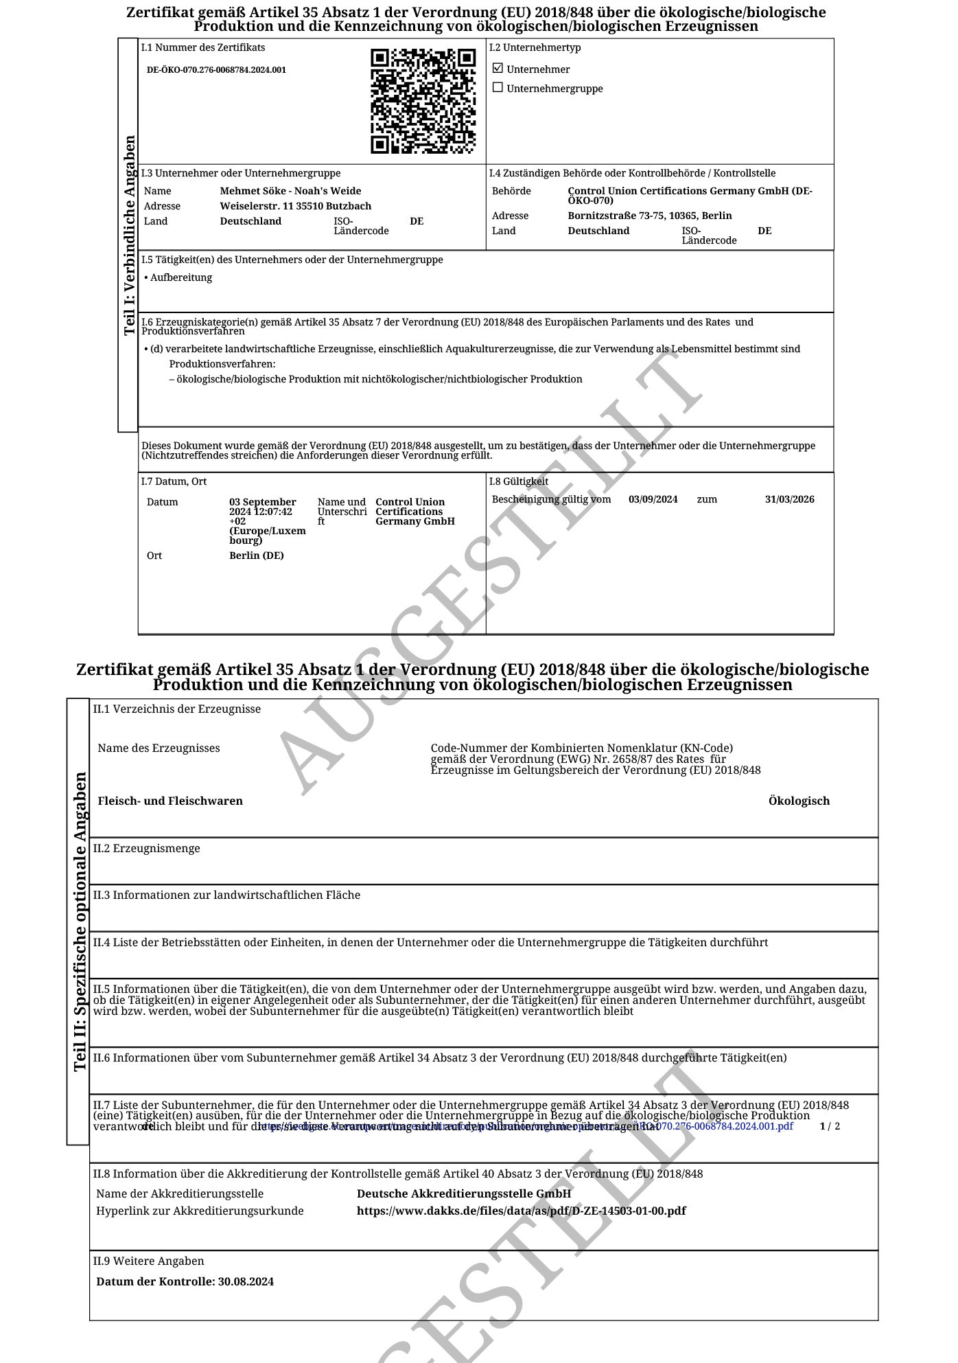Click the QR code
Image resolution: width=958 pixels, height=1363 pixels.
pos(423,101)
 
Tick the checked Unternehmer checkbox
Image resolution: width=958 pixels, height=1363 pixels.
pos(498,68)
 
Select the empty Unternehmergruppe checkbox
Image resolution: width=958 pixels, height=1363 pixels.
pos(498,88)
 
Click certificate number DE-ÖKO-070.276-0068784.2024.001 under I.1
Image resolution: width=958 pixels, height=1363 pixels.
pos(216,70)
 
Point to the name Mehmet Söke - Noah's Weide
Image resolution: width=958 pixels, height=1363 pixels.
pos(290,191)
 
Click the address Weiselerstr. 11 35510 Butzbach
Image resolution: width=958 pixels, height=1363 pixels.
pos(295,206)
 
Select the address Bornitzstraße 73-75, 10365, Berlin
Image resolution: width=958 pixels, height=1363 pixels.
pos(649,216)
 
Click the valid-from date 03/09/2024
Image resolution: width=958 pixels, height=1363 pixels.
pos(653,499)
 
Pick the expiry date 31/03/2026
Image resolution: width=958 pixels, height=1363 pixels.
pos(789,499)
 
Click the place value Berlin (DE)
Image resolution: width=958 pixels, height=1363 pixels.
pos(256,555)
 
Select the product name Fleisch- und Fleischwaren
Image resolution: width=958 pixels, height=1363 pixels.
pos(170,801)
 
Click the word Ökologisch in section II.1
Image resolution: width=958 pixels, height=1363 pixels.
pos(799,801)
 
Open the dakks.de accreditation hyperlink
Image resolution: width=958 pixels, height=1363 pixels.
pos(521,1211)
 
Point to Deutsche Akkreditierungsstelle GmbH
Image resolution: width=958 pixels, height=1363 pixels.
pos(463,1193)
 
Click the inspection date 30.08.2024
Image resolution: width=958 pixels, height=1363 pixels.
pos(246,1281)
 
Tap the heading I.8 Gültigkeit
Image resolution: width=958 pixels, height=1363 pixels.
pos(518,481)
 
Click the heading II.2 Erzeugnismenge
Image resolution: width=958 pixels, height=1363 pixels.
pos(147,848)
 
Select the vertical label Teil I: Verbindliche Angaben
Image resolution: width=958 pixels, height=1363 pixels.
pos(129,235)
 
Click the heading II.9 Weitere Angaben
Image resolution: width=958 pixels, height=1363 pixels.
pos(149,1261)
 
